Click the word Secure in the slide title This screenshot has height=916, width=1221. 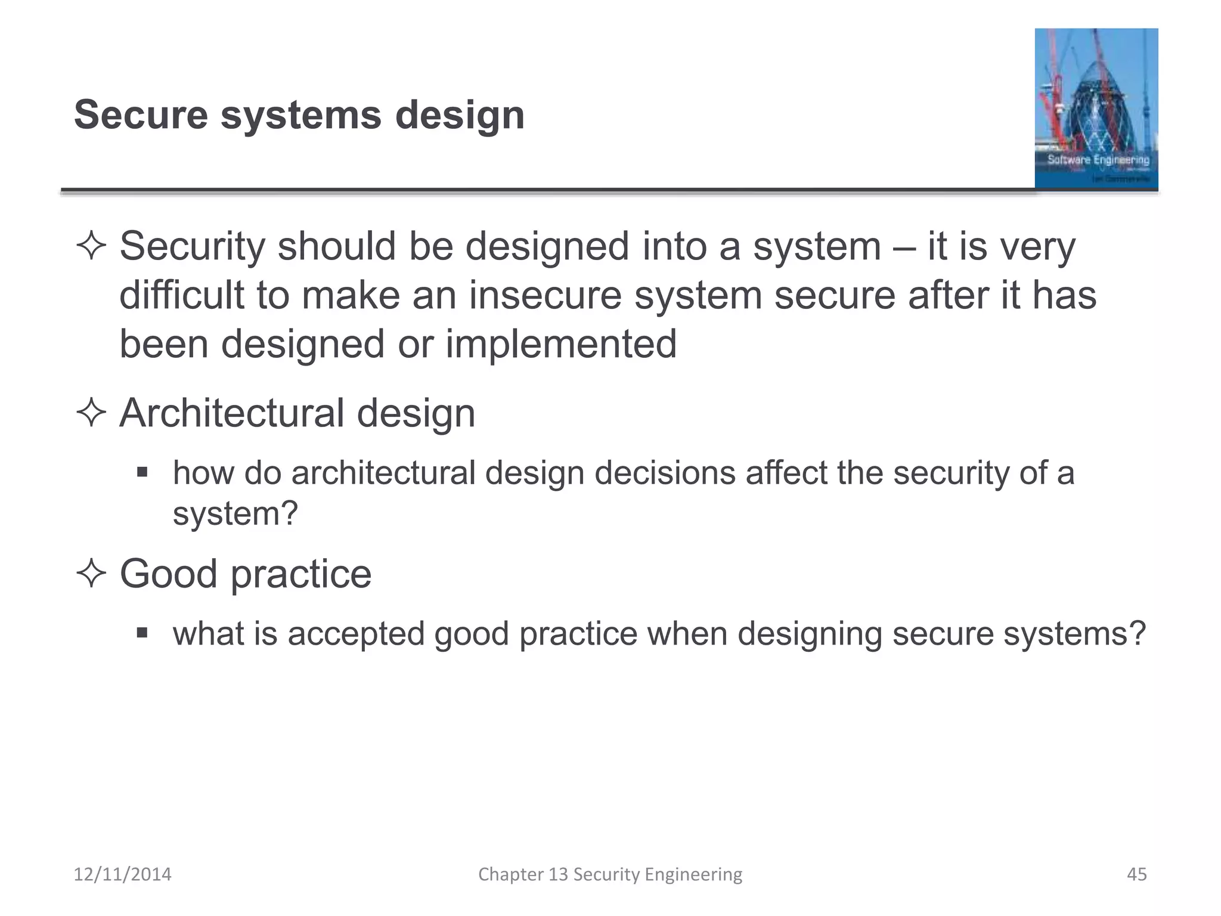click(141, 114)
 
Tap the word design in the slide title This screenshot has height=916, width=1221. click(460, 116)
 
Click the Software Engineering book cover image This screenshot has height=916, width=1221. click(1096, 109)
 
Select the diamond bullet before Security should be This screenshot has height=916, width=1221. click(91, 246)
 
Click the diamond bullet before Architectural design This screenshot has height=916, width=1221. click(91, 413)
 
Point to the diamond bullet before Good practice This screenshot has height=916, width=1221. click(91, 574)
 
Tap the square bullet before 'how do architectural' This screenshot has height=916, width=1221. click(142, 473)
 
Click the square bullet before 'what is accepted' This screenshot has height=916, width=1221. click(142, 633)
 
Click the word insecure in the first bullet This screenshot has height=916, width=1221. click(545, 295)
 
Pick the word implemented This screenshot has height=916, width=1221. click(561, 344)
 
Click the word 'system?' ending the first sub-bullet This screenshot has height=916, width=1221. click(235, 513)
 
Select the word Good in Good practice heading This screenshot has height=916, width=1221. click(168, 574)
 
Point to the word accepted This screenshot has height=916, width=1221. click(356, 634)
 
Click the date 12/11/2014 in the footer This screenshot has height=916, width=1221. click(122, 874)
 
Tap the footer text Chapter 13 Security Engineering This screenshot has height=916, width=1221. click(610, 874)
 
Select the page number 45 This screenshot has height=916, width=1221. click(1136, 874)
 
